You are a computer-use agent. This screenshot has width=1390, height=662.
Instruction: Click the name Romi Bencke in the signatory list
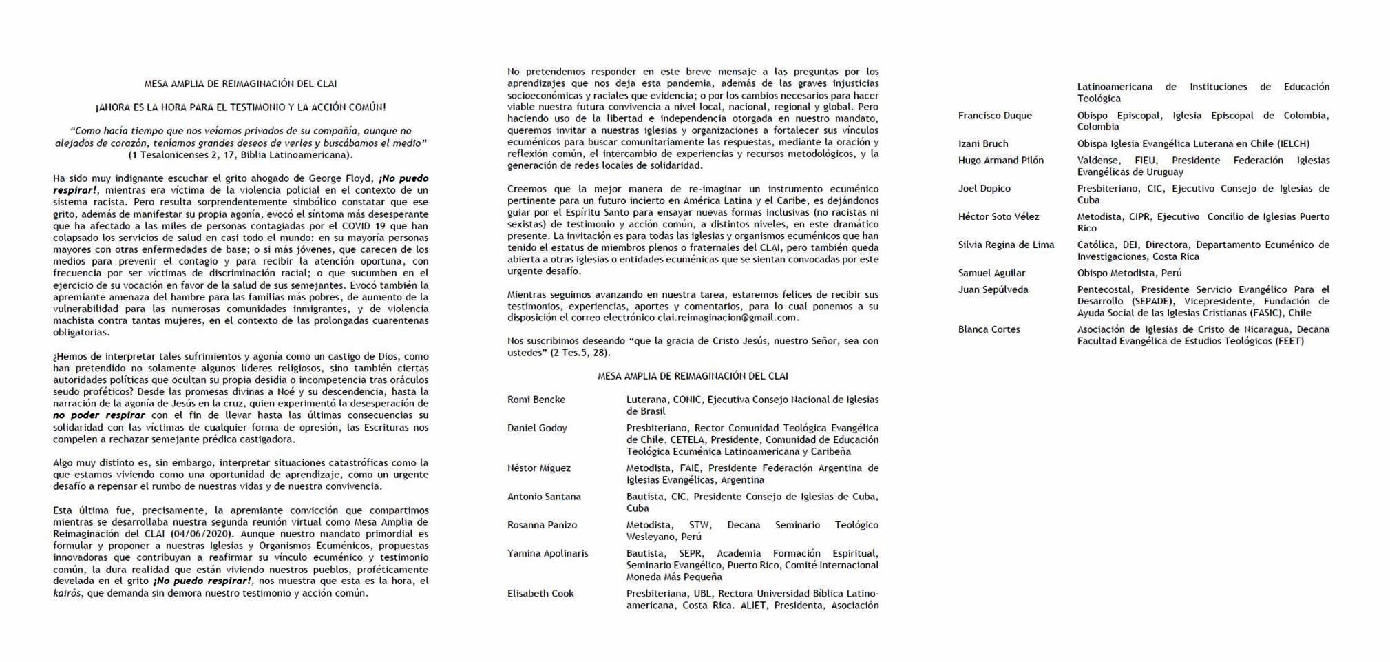pyautogui.click(x=536, y=400)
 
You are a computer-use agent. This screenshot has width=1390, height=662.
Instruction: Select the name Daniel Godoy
pyautogui.click(x=537, y=428)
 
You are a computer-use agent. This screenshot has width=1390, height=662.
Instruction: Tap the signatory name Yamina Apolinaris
pyautogui.click(x=547, y=553)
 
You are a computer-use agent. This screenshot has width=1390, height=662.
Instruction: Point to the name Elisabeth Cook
pyautogui.click(x=540, y=593)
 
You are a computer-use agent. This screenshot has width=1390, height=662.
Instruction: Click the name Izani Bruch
pyautogui.click(x=982, y=143)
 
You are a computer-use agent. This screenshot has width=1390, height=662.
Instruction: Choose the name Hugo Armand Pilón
pyautogui.click(x=1000, y=160)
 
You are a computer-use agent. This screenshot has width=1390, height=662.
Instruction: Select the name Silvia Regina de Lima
pyautogui.click(x=1006, y=245)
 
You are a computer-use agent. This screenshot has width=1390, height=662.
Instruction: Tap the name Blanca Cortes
pyautogui.click(x=989, y=329)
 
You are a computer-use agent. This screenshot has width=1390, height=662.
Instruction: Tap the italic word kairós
pyautogui.click(x=67, y=593)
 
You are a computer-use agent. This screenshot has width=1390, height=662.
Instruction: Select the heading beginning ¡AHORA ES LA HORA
pyautogui.click(x=240, y=107)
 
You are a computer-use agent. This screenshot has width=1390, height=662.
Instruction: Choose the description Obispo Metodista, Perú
pyautogui.click(x=1129, y=273)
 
